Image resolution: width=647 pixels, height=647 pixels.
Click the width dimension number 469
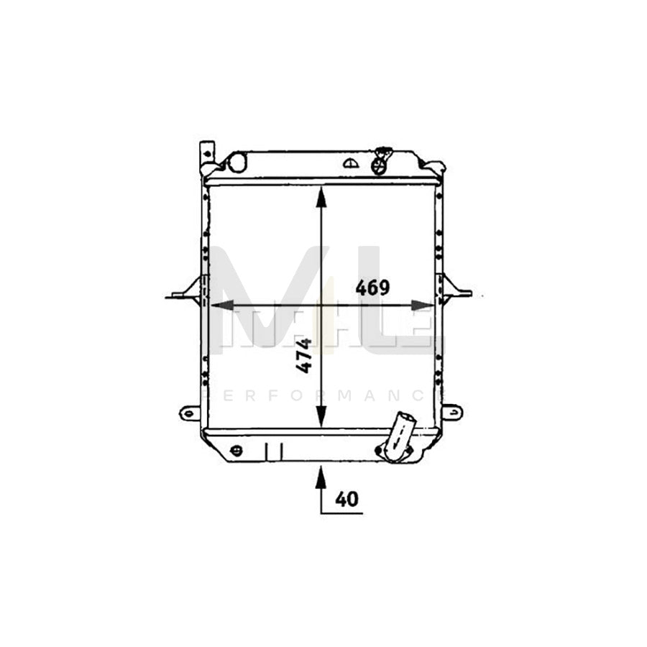click(372, 288)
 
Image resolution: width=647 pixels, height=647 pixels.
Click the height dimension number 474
click(305, 355)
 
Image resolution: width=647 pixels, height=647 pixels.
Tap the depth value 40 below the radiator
click(346, 497)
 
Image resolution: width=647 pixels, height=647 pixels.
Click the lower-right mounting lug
click(451, 412)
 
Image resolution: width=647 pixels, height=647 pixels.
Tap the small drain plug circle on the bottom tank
click(236, 451)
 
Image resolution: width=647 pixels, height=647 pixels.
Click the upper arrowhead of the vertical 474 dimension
click(321, 197)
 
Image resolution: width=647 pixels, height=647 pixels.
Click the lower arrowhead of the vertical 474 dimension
click(321, 418)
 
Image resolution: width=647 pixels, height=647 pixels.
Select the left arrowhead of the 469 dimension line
click(217, 306)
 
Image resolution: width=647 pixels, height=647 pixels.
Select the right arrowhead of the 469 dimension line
click(423, 306)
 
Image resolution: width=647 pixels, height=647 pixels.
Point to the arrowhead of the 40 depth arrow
click(321, 475)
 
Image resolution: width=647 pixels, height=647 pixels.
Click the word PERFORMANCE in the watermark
click(323, 395)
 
